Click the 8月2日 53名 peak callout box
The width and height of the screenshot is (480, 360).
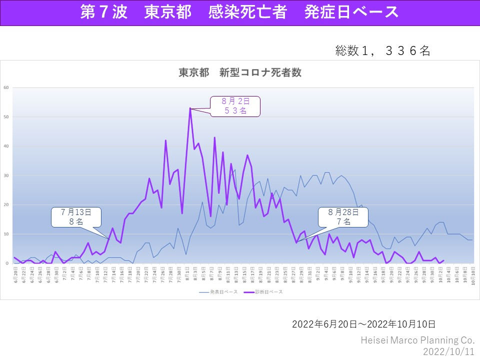[x=235, y=106]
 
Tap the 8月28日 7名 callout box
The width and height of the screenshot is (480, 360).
[x=343, y=216]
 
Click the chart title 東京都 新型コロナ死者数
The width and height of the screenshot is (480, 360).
[x=240, y=72]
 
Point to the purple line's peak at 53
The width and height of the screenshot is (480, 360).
[x=190, y=108]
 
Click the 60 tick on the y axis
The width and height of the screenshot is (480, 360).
[x=6, y=87]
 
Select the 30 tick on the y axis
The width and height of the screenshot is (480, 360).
[x=6, y=175]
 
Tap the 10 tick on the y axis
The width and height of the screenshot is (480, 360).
[x=6, y=234]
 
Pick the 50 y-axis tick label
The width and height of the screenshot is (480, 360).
[x=6, y=117]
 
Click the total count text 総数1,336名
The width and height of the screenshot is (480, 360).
[x=382, y=50]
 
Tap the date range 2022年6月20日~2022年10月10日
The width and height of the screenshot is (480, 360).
[x=363, y=324]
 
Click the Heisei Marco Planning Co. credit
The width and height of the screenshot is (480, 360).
[x=417, y=340]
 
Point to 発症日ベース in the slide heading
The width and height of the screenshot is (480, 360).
[x=351, y=12]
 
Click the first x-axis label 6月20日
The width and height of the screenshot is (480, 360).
[x=15, y=273]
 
